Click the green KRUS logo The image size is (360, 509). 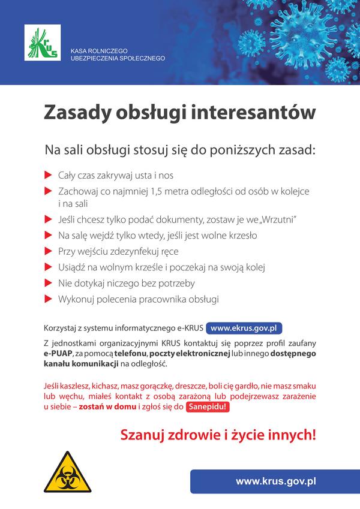[43, 43]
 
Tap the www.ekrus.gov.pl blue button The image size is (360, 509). [244, 329]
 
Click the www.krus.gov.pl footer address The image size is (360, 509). [276, 481]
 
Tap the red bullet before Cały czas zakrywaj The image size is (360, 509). [48, 176]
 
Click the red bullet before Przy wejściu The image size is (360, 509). [48, 251]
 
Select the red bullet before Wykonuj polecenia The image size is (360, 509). [48, 298]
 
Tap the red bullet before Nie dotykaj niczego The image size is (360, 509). [48, 282]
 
